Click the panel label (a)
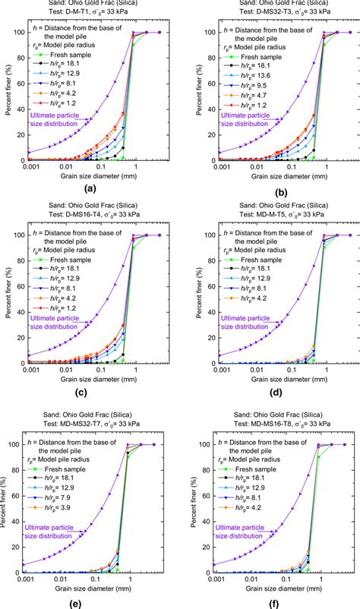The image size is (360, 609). point(90,190)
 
